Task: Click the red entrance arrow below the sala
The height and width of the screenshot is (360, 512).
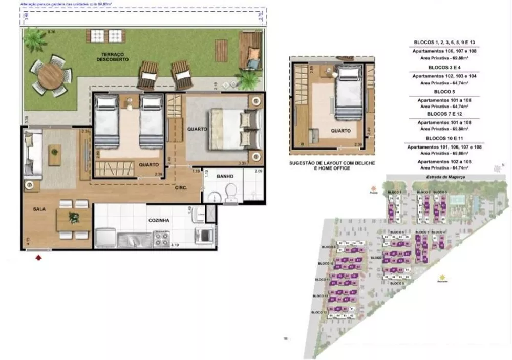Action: tap(38, 257)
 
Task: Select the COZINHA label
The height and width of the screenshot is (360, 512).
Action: tap(159, 221)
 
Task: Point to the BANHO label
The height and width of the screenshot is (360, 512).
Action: tap(225, 176)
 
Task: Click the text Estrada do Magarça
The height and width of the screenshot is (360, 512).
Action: tap(441, 177)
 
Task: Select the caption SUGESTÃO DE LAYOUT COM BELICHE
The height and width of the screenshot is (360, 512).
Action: tap(332, 162)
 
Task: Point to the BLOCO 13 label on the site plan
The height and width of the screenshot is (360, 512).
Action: tap(318, 311)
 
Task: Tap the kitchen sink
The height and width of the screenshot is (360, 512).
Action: tap(134, 239)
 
